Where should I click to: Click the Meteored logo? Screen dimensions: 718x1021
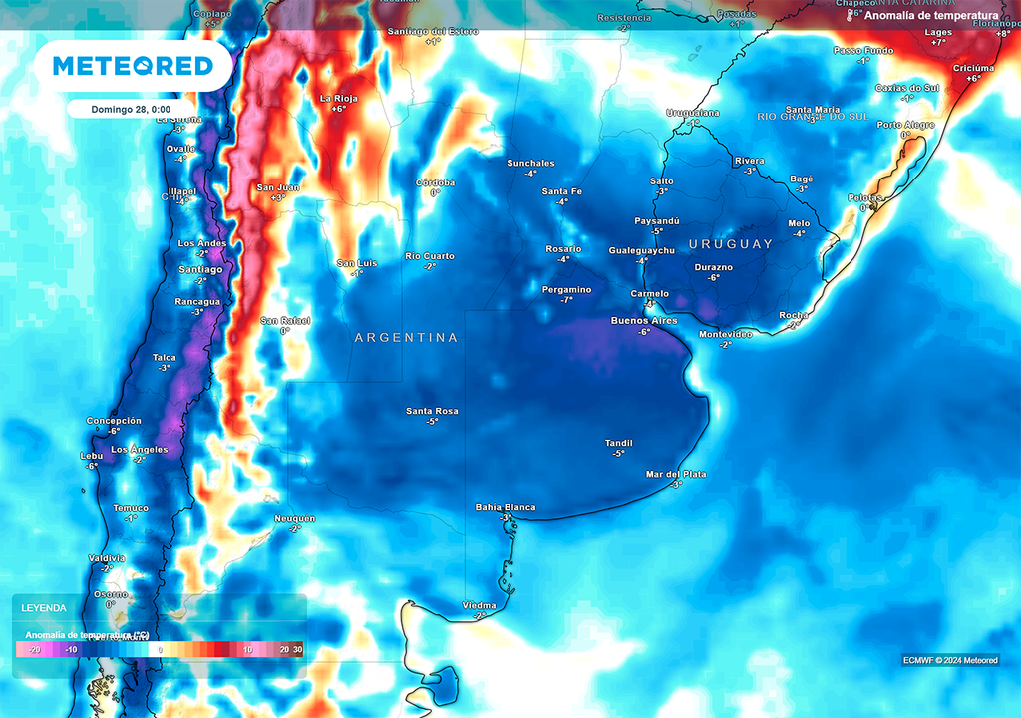click(133, 66)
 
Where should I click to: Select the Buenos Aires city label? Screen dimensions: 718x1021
click(644, 321)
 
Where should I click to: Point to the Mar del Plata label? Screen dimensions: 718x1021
click(676, 474)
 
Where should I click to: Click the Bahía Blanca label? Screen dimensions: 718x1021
click(506, 507)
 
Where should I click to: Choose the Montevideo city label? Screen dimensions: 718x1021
click(726, 334)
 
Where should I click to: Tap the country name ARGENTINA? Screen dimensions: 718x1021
click(407, 338)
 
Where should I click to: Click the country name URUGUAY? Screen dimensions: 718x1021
click(731, 244)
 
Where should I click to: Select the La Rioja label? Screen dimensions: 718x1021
click(338, 98)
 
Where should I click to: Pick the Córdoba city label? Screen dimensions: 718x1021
click(435, 182)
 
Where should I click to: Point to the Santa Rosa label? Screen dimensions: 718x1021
click(432, 411)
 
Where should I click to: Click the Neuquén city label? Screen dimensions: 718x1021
click(295, 518)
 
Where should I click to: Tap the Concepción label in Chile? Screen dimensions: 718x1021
click(114, 421)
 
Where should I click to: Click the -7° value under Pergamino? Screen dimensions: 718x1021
click(566, 300)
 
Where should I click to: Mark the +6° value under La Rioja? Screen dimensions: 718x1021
click(338, 109)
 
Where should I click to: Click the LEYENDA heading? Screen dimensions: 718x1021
click(45, 607)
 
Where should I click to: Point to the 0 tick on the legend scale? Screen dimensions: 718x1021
click(161, 649)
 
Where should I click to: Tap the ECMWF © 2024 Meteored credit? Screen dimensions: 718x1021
click(950, 660)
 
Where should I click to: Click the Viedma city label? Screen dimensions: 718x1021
click(479, 605)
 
